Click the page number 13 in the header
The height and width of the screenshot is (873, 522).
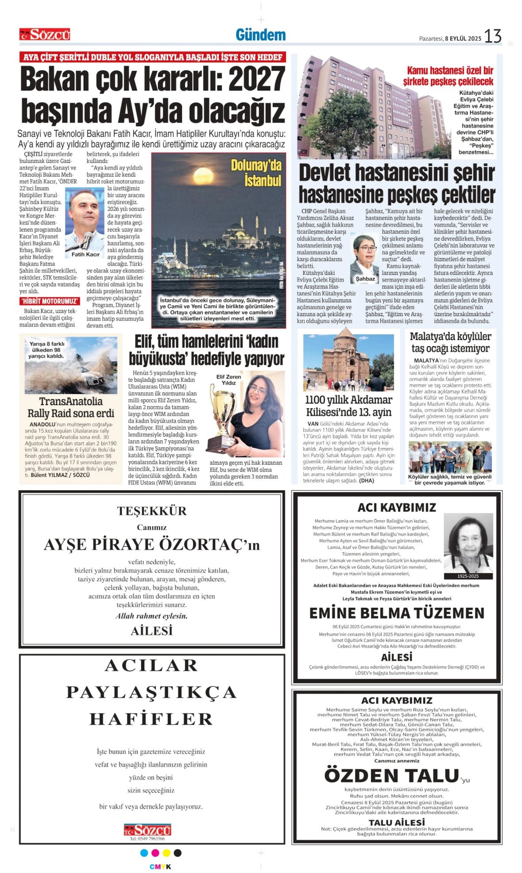(492, 36)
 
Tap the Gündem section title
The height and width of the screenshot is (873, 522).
(260, 35)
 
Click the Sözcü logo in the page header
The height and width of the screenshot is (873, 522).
(45, 35)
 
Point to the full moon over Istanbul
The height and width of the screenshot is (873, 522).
(203, 174)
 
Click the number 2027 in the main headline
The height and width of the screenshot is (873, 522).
(256, 80)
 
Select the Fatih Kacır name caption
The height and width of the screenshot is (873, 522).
(85, 255)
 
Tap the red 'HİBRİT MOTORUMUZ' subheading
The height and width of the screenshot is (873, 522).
(50, 301)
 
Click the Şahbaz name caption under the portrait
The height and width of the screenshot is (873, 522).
(365, 279)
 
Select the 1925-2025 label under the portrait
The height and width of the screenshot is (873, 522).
(468, 576)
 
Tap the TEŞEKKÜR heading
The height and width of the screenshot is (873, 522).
(152, 511)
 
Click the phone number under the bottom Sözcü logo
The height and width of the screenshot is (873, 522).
(147, 838)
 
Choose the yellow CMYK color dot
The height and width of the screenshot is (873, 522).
(166, 853)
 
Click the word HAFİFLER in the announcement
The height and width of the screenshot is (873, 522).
(151, 719)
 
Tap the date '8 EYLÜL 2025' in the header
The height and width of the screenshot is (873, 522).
(463, 39)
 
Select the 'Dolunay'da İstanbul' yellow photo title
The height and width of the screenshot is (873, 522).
(257, 173)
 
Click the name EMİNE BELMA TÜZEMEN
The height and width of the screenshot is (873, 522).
(397, 613)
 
